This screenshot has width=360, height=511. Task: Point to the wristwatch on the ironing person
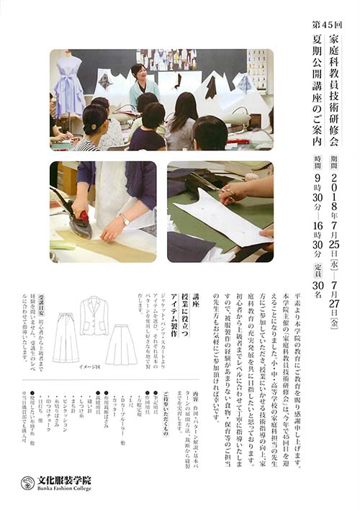tap(125, 220)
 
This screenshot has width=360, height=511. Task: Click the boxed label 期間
tap(334, 158)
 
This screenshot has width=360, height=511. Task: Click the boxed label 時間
tap(318, 158)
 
